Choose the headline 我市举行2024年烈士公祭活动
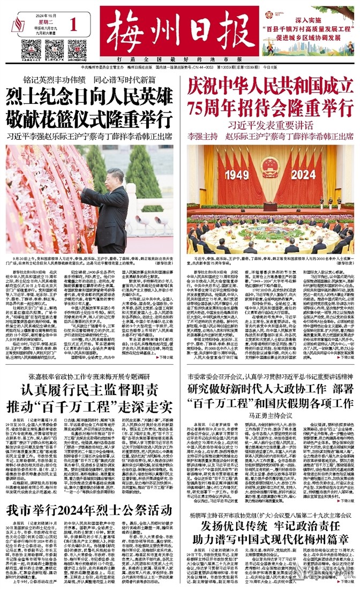pyautogui.click(x=89, y=510)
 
